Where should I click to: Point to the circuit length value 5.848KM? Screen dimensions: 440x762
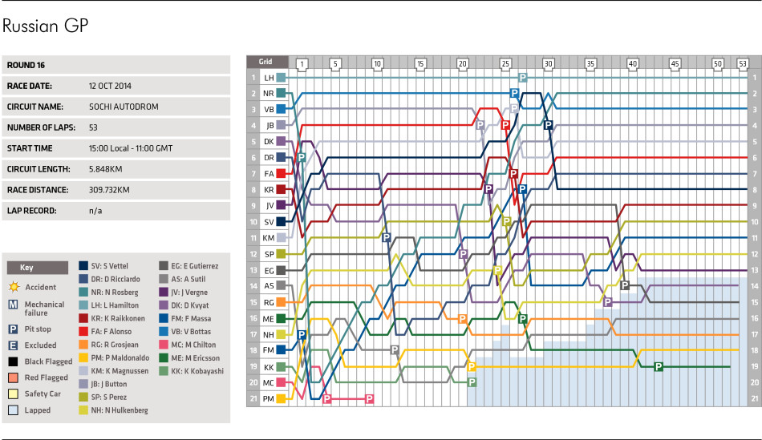tap(108, 170)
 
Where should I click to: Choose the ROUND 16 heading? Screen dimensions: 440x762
tap(28, 64)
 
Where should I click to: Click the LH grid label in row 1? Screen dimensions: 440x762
tap(269, 78)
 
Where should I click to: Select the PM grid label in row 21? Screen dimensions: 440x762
tap(269, 398)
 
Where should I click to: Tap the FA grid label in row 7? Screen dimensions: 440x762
tap(269, 174)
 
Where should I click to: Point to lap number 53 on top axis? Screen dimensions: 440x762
tap(742, 63)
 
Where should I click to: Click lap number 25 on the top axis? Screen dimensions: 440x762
tap(505, 63)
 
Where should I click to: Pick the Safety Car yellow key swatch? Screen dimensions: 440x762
tap(13, 394)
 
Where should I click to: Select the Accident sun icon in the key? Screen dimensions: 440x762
tap(13, 286)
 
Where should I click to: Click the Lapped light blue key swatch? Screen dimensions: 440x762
tap(13, 410)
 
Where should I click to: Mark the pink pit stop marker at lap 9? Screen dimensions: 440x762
tap(369, 398)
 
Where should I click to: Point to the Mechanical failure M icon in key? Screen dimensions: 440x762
tap(13, 305)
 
